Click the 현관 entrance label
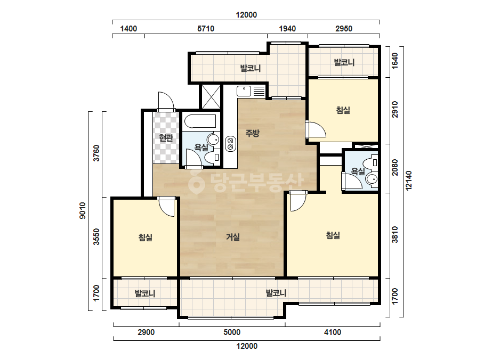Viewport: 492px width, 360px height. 166,138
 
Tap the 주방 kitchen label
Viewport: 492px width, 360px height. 252,133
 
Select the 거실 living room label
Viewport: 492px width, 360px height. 233,237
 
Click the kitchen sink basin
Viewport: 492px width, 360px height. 244,91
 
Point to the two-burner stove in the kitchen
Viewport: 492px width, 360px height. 231,144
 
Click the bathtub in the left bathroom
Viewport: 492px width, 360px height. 200,121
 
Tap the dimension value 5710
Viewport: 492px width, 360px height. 206,29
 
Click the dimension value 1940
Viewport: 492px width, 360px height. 287,29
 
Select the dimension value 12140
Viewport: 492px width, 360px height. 408,181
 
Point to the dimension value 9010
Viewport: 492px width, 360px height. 82,210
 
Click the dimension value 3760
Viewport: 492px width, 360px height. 96,153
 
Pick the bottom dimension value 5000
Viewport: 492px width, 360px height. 232,332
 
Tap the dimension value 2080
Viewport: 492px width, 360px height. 395,168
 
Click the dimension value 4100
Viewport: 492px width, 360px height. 332,332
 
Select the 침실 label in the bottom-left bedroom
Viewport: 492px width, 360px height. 146,238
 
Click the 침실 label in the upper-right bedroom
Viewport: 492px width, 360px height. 343,110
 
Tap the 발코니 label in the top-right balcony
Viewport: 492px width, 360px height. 344,62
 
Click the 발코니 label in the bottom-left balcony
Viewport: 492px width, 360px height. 145,294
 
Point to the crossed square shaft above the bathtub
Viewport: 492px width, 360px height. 211,96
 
